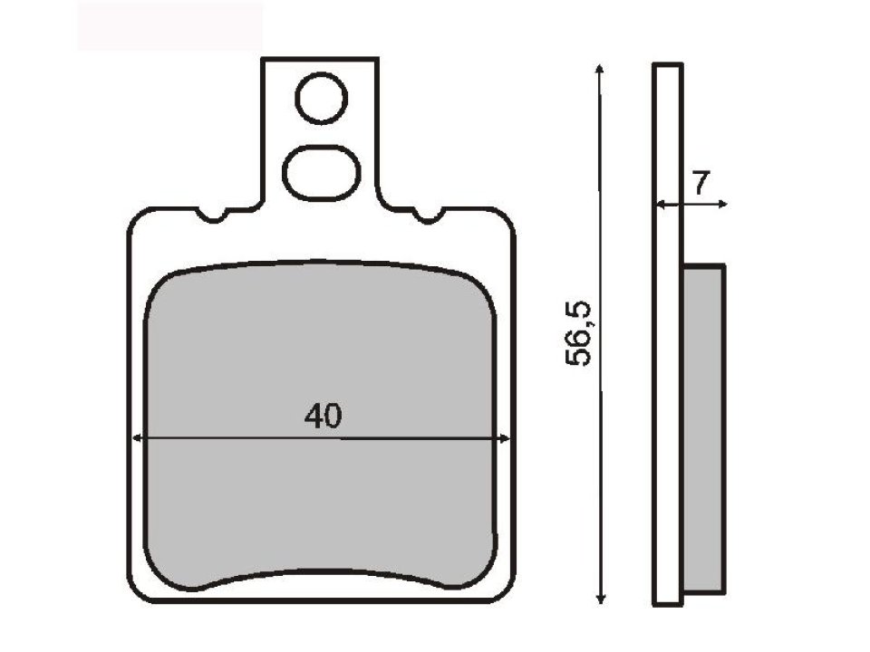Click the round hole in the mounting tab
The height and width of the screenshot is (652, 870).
coord(321,99)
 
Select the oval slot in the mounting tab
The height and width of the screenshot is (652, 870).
coord(319,170)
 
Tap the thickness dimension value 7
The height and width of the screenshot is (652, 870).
coord(701,183)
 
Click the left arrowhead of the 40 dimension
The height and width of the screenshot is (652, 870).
coord(138,439)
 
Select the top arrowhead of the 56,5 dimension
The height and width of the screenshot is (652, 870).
coord(599,70)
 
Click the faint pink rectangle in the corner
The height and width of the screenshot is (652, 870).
coord(169,25)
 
